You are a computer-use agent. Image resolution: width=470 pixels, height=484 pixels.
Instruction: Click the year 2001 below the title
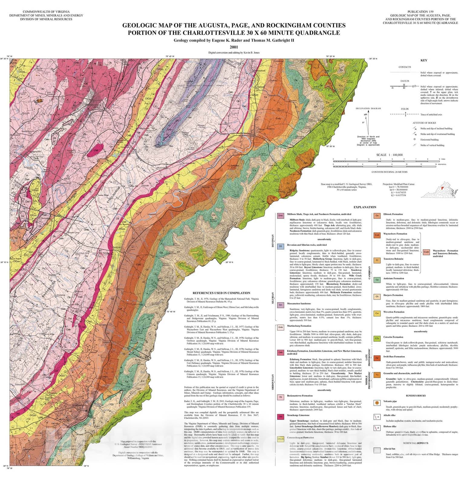(233, 47)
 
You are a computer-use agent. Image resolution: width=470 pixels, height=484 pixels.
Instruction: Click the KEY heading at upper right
(424, 60)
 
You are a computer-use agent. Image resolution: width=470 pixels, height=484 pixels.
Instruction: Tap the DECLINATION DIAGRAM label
(368, 108)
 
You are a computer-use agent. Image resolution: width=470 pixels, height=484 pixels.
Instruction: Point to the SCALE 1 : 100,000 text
(389, 155)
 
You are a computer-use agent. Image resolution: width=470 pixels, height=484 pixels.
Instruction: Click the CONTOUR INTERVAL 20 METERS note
(389, 172)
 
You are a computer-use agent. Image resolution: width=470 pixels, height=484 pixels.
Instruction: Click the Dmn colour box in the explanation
(280, 216)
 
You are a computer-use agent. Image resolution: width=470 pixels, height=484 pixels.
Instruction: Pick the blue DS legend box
(280, 246)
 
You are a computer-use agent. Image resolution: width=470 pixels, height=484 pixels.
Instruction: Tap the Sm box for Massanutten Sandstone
(280, 305)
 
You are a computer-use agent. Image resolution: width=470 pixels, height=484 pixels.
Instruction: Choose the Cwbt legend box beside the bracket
(426, 252)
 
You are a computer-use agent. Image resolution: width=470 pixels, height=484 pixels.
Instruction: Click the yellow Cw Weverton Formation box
(377, 313)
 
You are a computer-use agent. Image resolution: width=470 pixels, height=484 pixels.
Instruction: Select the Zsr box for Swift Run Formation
(377, 358)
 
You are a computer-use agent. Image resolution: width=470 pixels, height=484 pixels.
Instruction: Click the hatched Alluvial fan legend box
(377, 450)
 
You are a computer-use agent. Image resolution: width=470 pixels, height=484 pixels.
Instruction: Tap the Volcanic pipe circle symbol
(377, 403)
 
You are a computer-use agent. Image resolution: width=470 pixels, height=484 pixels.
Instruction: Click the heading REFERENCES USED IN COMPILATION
(221, 293)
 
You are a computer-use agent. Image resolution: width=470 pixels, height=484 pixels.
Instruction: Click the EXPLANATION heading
(365, 207)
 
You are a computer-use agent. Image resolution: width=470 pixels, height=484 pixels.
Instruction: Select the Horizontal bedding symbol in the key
(415, 139)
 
